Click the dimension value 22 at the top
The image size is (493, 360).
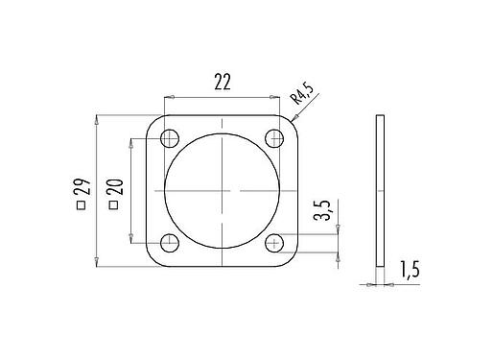pyautogui.click(x=222, y=83)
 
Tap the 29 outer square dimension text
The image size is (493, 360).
pyautogui.click(x=82, y=191)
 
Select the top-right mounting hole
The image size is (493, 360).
pyautogui.click(x=275, y=137)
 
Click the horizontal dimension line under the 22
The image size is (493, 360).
pyautogui.click(x=222, y=97)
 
